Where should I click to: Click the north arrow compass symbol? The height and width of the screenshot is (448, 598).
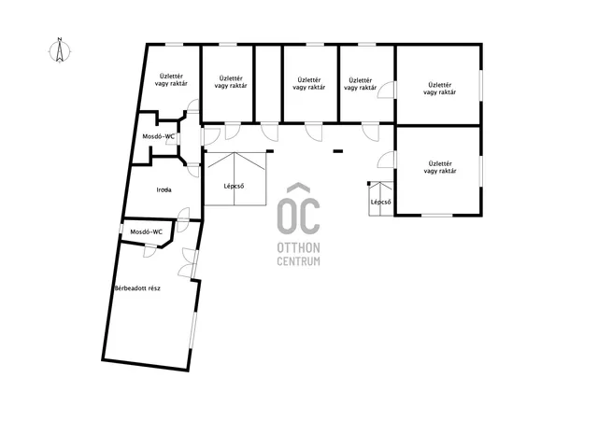(60, 50)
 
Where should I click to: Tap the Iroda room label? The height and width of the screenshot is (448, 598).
(164, 189)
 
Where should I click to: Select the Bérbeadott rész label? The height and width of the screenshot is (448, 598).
(137, 288)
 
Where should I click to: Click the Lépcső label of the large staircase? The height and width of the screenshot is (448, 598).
(234, 187)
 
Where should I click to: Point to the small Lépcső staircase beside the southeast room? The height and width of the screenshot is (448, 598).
(381, 199)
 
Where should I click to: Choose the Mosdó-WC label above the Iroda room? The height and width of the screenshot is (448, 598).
(158, 136)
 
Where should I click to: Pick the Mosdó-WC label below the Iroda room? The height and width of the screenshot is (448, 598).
(146, 231)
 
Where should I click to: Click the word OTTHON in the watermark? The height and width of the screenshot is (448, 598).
(298, 248)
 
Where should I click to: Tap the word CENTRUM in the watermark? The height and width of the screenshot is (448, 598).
(298, 261)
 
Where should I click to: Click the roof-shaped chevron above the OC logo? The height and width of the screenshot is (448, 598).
(298, 187)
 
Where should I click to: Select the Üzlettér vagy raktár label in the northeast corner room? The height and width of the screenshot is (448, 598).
(440, 89)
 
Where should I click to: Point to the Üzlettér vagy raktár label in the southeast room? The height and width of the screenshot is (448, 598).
(440, 167)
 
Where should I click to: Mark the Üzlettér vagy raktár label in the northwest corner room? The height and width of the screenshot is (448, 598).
(171, 79)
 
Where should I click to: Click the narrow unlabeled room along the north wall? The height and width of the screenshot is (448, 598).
(268, 84)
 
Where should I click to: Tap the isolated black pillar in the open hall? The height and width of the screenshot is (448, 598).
(338, 151)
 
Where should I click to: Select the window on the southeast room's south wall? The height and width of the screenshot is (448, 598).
(437, 216)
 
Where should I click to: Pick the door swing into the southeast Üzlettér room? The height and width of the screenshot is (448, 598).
(386, 160)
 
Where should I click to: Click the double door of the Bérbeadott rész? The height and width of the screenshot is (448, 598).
(188, 263)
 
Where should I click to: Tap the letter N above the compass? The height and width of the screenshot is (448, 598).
(60, 39)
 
